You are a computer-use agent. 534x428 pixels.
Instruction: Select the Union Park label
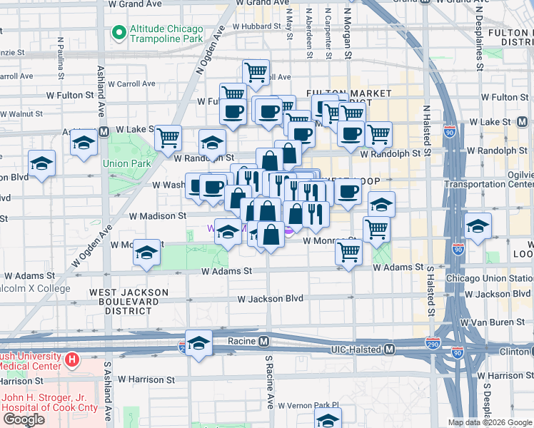(126, 163)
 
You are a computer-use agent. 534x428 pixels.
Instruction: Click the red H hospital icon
(71, 360)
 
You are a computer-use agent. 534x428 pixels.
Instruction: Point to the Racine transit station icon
(263, 341)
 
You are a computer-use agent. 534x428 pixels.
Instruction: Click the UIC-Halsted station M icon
(389, 350)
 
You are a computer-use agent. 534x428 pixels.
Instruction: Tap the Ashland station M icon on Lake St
(104, 132)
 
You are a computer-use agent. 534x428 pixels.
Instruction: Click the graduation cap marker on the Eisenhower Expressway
(198, 342)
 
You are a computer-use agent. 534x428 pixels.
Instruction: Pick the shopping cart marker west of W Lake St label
(168, 137)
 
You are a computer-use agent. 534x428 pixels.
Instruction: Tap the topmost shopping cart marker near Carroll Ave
(255, 71)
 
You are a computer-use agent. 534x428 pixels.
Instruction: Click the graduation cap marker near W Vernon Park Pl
(328, 419)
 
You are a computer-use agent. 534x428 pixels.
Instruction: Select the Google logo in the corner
(24, 419)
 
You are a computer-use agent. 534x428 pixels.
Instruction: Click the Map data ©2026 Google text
(490, 422)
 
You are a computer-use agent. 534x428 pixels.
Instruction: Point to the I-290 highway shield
(433, 343)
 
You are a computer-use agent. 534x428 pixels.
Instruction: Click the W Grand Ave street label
(135, 4)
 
